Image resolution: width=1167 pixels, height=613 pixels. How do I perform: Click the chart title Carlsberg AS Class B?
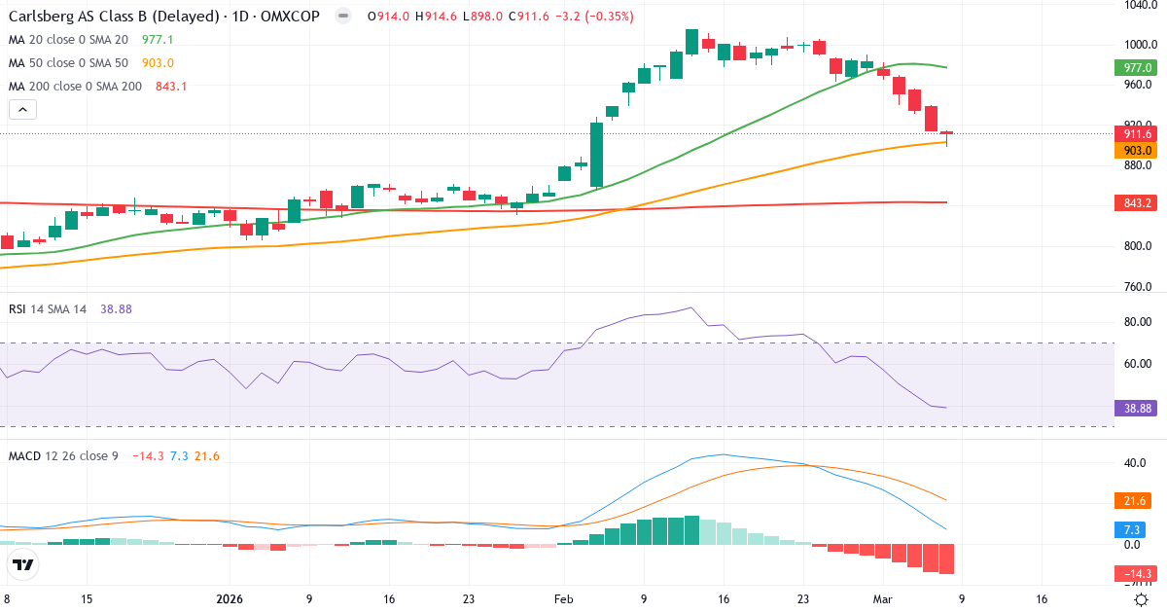pyautogui.click(x=113, y=17)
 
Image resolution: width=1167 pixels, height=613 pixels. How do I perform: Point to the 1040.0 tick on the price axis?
pyautogui.click(x=1137, y=5)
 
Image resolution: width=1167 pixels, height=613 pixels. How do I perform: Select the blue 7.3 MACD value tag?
pyautogui.click(x=1133, y=529)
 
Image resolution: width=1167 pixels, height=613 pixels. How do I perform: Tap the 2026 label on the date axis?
pyautogui.click(x=229, y=599)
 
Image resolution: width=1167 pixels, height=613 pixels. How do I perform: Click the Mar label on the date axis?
pyautogui.click(x=882, y=599)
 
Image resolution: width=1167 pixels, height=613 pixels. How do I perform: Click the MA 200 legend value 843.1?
pyautogui.click(x=171, y=87)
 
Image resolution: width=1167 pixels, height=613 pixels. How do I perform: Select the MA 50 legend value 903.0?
pyautogui.click(x=158, y=63)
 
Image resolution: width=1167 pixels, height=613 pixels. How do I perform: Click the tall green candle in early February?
pyautogui.click(x=597, y=153)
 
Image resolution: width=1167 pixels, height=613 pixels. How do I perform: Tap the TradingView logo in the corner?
pyautogui.click(x=23, y=564)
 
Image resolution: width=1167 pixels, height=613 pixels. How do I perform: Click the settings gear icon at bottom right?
pyautogui.click(x=1143, y=599)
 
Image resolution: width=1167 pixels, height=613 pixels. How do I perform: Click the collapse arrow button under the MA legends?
pyautogui.click(x=22, y=109)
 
